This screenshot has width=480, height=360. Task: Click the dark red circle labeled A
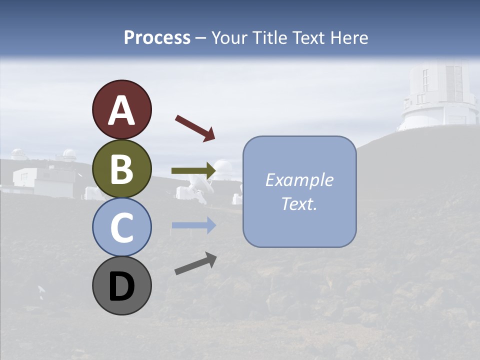[x=121, y=109]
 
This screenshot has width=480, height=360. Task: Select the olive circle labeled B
[x=121, y=168]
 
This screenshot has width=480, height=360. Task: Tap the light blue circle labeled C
[x=121, y=227]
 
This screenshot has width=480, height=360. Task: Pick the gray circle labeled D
[x=121, y=285]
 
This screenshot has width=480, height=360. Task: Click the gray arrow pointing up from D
[x=195, y=263]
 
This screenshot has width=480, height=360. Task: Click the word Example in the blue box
[x=299, y=180]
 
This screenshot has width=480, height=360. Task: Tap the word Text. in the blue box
[x=299, y=204]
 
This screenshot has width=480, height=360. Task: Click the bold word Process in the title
[x=157, y=37]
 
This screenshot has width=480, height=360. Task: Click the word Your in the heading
[x=229, y=37]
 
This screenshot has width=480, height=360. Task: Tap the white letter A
[x=121, y=110]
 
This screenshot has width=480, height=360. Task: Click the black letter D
[x=121, y=286]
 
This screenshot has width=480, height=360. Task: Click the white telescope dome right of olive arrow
[x=223, y=168]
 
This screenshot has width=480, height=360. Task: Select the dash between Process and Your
[x=200, y=38]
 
